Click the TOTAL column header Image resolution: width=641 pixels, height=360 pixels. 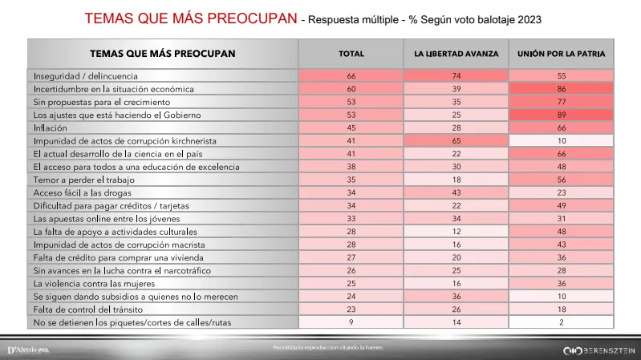point(351,55)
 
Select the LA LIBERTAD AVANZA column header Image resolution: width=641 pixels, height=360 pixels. point(456,55)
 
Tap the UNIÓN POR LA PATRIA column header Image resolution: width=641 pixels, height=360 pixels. point(561,55)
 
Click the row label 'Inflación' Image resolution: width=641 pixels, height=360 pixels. point(51,127)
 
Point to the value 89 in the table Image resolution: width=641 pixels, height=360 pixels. point(561,115)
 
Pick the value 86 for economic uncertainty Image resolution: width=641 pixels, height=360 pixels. point(561,88)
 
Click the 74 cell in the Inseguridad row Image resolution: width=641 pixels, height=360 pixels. point(456,75)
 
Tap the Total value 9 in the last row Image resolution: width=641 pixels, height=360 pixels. point(351,322)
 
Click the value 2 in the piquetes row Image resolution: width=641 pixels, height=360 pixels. point(561,322)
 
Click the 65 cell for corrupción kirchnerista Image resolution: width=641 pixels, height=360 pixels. point(456,140)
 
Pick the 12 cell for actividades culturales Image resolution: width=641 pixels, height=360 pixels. point(456,232)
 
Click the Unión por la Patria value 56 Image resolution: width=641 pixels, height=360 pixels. point(561,180)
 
